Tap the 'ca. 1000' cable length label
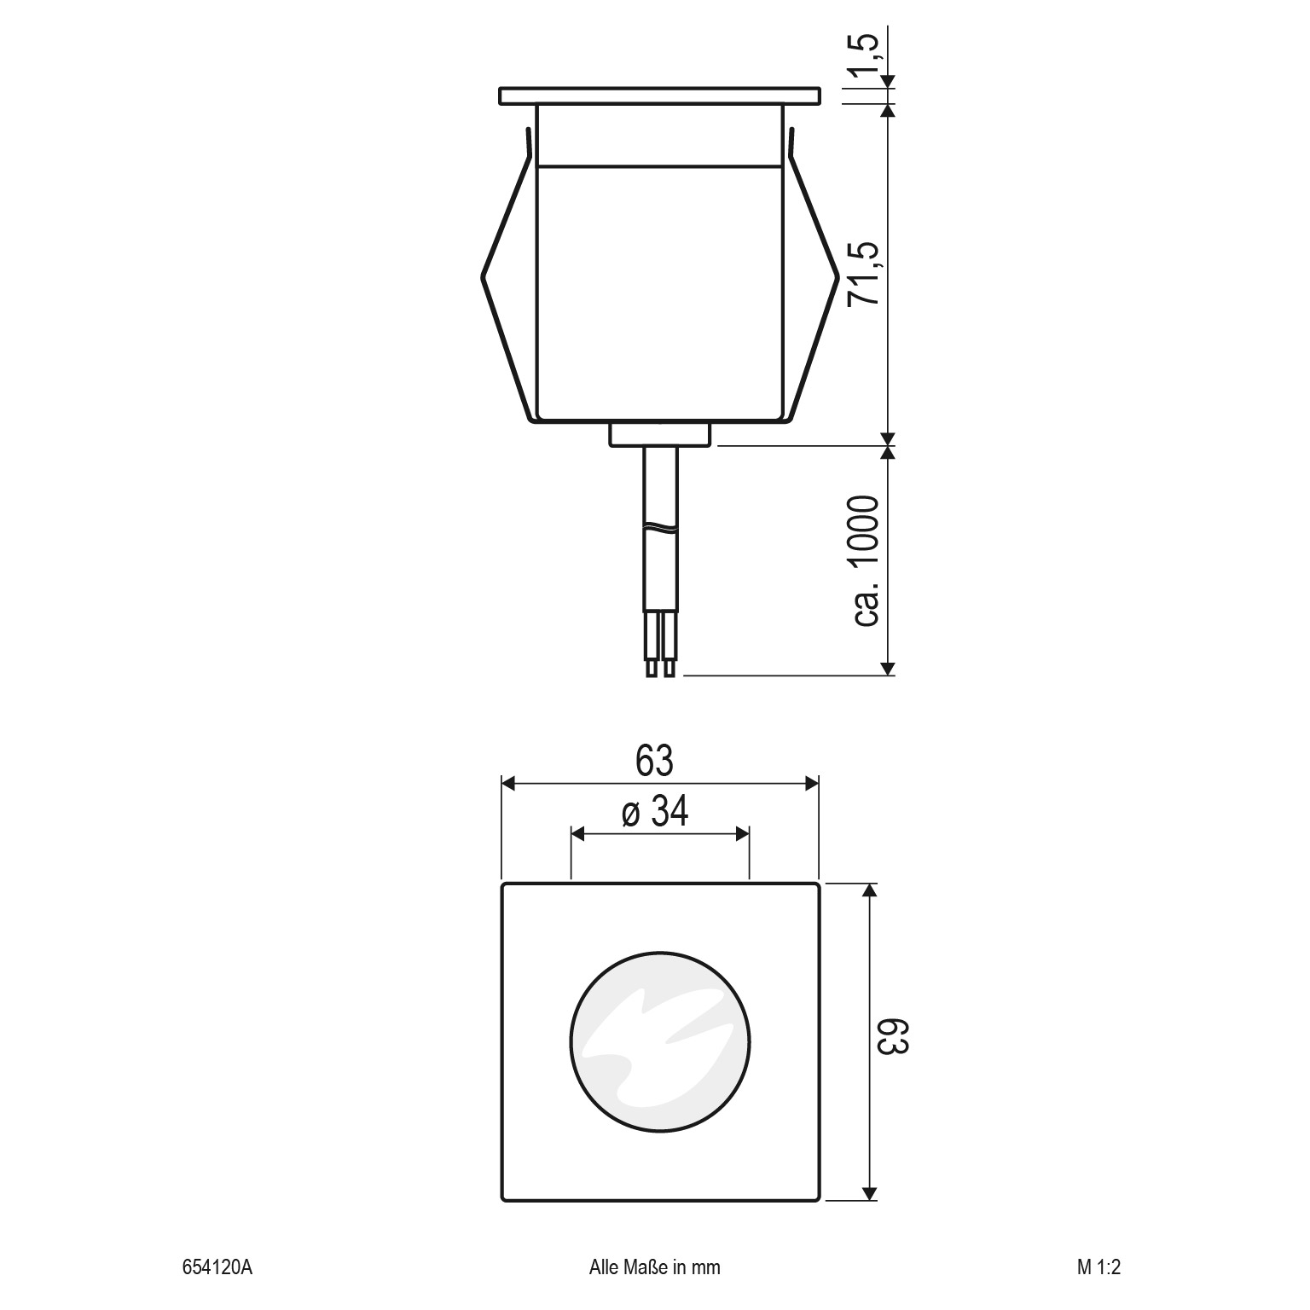tap(865, 560)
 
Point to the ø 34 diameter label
tap(655, 812)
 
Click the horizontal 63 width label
tap(655, 761)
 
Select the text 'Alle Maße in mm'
tap(655, 1267)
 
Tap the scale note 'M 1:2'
tap(1098, 1267)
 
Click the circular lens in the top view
tap(660, 1042)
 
